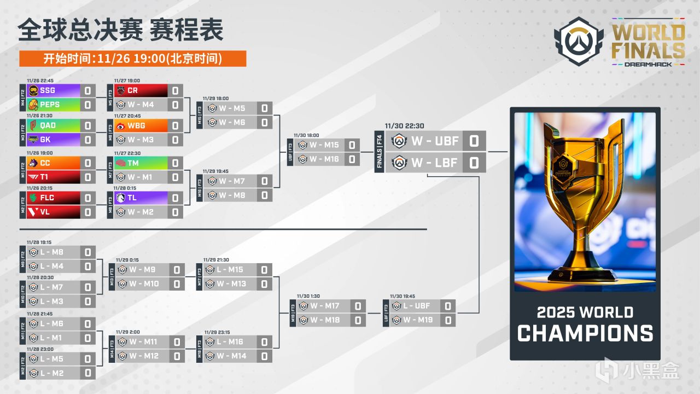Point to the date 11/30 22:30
(404, 125)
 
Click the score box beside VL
(87, 212)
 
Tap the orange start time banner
(132, 59)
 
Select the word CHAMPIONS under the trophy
(585, 333)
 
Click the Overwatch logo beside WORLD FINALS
(579, 41)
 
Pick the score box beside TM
(175, 163)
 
